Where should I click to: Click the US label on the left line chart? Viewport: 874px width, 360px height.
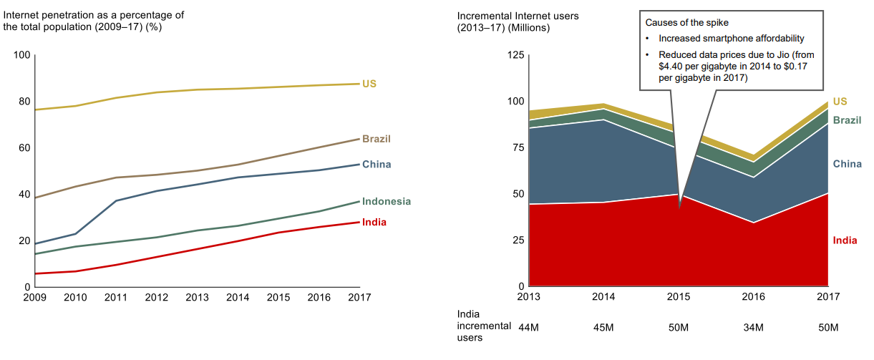[369, 84]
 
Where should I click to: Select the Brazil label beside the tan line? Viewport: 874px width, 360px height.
[377, 139]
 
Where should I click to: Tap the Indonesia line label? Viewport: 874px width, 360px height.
[387, 202]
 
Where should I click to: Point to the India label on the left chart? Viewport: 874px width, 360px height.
[374, 223]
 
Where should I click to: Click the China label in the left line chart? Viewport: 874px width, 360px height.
[377, 165]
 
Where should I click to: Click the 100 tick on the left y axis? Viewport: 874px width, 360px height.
[22, 55]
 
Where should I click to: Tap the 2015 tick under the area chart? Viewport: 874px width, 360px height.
[678, 297]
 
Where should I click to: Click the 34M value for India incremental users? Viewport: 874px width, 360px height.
[753, 328]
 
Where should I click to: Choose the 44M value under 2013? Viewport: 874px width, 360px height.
[529, 328]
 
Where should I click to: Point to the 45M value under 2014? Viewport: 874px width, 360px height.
[603, 328]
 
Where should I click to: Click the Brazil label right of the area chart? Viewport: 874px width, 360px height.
[847, 120]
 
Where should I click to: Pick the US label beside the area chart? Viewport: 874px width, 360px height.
[840, 102]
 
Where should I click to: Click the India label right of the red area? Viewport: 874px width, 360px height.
[845, 240]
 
